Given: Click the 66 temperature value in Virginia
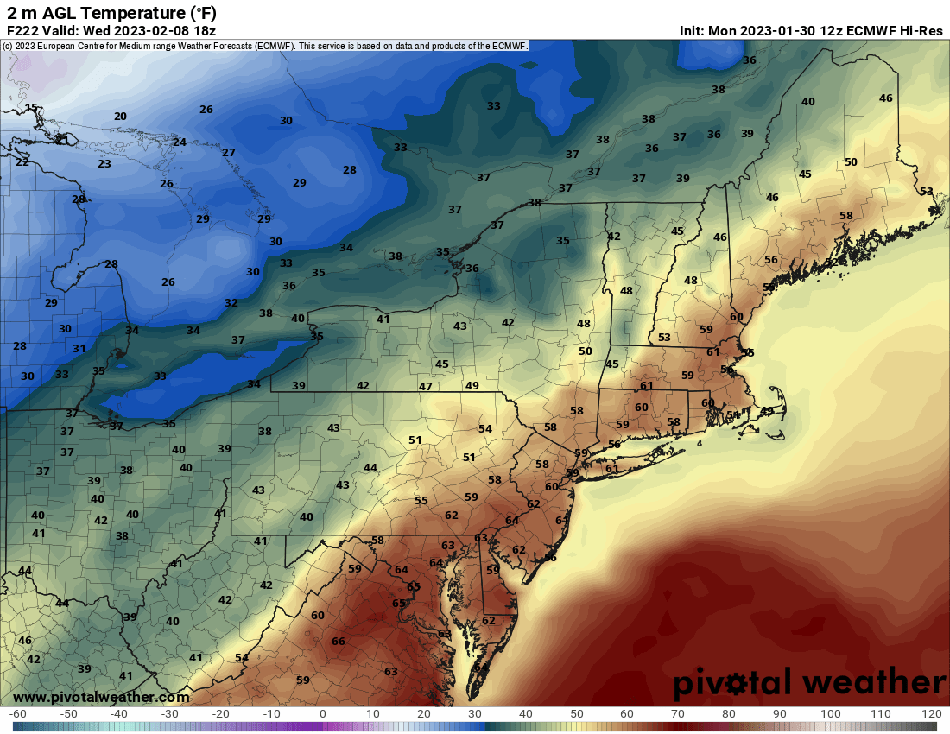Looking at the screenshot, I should [339, 641].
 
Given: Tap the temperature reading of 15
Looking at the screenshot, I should [31, 108].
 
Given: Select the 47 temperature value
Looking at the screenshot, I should [426, 386].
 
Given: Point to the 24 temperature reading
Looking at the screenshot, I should [180, 142].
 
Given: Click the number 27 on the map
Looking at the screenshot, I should [229, 153].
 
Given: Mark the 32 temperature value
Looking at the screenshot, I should [231, 303].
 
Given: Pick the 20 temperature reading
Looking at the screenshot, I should [120, 117].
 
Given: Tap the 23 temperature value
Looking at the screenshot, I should [104, 164].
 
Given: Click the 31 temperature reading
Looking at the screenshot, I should [79, 349].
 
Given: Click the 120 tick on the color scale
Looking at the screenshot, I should [931, 714].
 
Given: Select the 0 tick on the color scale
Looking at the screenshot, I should [322, 714].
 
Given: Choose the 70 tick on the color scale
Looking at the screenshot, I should [678, 714].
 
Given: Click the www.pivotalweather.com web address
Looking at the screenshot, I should [101, 697].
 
